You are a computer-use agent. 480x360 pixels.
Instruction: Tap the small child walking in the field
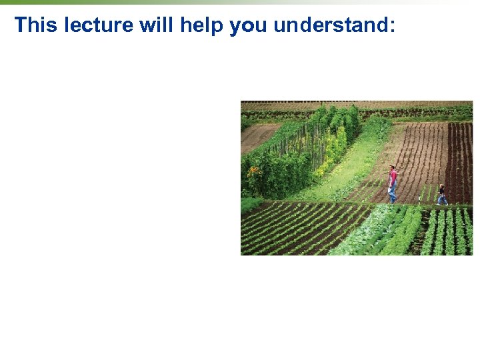[442, 194]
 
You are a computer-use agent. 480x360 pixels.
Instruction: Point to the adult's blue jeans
[393, 192]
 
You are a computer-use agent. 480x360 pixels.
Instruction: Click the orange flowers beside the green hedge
[253, 171]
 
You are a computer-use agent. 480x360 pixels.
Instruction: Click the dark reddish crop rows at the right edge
[460, 160]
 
